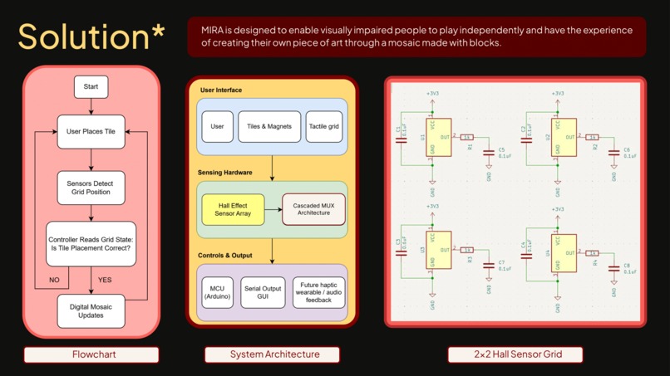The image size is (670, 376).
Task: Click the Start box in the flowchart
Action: [91, 86]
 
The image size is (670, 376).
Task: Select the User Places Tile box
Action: [91, 131]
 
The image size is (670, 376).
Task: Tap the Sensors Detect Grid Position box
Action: [91, 188]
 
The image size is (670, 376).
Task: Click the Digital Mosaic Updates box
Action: [91, 311]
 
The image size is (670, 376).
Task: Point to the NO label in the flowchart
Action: [54, 280]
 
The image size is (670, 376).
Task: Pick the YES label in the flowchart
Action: [105, 280]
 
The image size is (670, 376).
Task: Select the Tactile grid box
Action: [324, 127]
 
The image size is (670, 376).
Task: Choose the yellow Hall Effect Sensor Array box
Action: [233, 209]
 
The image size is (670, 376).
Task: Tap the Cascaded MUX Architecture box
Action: [313, 209]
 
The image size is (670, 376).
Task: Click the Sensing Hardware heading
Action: [224, 173]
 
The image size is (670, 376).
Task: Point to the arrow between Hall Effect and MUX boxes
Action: [273, 209]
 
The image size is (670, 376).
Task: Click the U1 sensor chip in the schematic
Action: [438, 138]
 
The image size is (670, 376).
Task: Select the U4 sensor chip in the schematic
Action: [564, 253]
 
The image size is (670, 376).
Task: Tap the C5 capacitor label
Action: [502, 150]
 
